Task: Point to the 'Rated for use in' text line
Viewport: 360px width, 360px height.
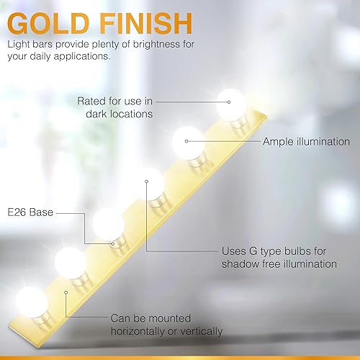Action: (x=115, y=101)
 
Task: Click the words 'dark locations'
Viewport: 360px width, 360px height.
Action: (x=117, y=114)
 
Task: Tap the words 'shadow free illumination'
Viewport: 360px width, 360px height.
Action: (x=279, y=264)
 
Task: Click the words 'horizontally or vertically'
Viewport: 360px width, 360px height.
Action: (x=166, y=331)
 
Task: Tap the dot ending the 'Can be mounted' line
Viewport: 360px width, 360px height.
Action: (x=66, y=292)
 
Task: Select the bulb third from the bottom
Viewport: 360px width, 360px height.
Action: (x=109, y=224)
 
